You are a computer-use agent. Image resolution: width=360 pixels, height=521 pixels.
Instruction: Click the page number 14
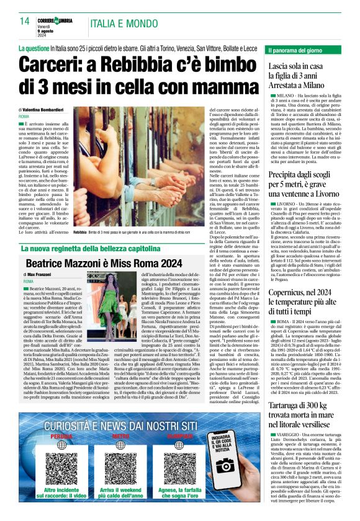coord(25,21)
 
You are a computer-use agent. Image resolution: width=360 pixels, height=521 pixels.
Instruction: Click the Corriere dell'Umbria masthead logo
coord(60,20)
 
